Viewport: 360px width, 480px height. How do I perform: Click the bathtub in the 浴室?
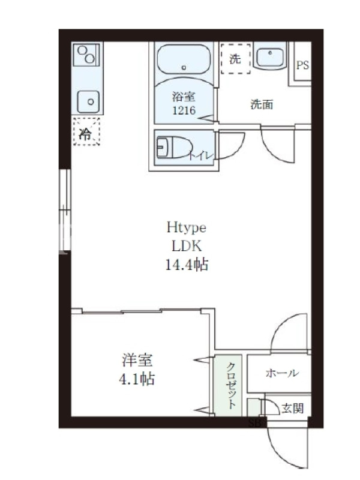(184, 59)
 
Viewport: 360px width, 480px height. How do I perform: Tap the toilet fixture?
(175, 148)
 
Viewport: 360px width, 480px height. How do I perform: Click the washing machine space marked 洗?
(235, 58)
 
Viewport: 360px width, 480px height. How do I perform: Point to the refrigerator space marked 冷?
(86, 131)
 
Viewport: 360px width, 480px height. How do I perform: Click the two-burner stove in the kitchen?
(86, 55)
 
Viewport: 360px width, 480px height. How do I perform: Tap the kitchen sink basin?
(88, 101)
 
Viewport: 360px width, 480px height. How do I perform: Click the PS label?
(302, 65)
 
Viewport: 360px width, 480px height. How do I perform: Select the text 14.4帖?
(187, 265)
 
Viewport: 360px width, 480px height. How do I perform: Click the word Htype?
(187, 228)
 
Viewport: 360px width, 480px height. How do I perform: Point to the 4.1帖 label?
(137, 379)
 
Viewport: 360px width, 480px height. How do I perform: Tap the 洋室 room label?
(137, 360)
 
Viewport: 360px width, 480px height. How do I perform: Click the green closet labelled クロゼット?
(228, 386)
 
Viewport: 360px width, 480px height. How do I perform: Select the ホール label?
(282, 373)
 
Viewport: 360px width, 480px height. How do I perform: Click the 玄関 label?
(293, 408)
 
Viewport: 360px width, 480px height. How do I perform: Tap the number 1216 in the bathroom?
(184, 110)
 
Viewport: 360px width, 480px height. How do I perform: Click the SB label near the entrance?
(254, 424)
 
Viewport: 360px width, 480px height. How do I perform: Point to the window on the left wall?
(65, 210)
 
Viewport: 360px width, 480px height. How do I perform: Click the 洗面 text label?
(262, 104)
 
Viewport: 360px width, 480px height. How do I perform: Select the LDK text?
(187, 246)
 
